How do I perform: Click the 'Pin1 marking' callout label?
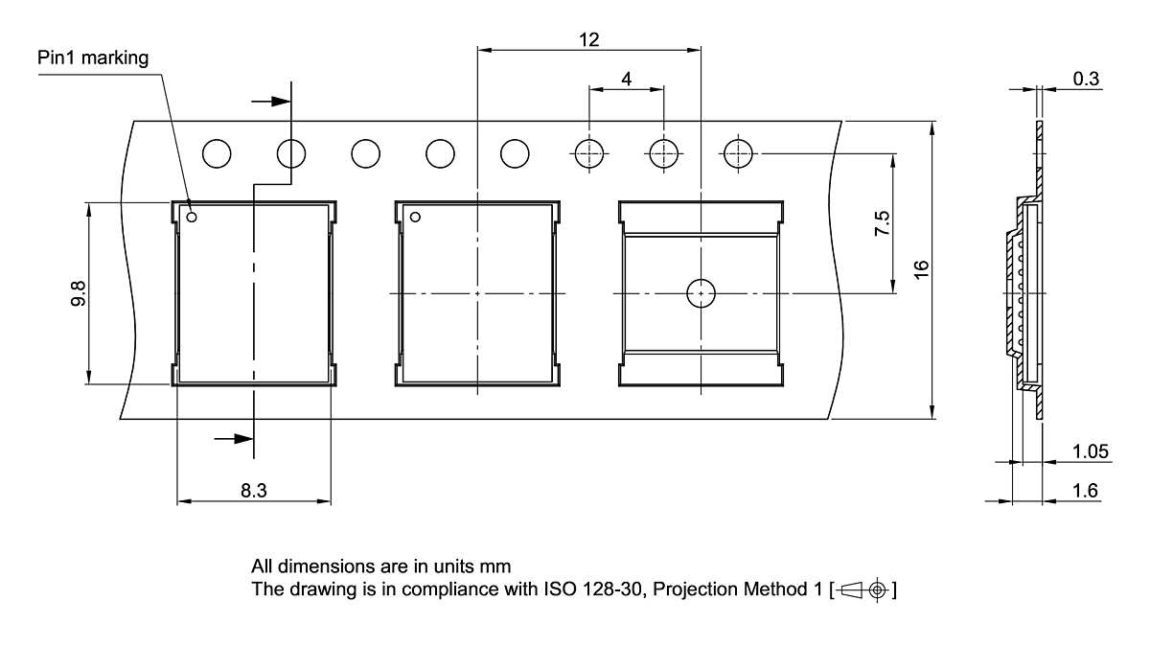pyautogui.click(x=93, y=58)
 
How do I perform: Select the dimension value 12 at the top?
pyautogui.click(x=588, y=39)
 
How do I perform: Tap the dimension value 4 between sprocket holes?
pyautogui.click(x=626, y=80)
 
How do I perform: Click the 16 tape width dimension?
pyautogui.click(x=921, y=269)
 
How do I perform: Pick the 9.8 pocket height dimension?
pyautogui.click(x=78, y=293)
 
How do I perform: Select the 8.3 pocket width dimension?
pyautogui.click(x=253, y=491)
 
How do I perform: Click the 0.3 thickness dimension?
pyautogui.click(x=1086, y=80)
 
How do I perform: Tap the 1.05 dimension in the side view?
pyautogui.click(x=1091, y=451)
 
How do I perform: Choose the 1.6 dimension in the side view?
pyautogui.click(x=1086, y=491)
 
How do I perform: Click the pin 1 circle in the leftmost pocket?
pyautogui.click(x=192, y=218)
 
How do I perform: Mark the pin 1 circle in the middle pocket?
pyautogui.click(x=415, y=218)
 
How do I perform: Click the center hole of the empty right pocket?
pyautogui.click(x=701, y=292)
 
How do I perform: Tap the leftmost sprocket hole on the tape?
pyautogui.click(x=217, y=153)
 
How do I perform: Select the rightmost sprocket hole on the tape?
pyautogui.click(x=738, y=153)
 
